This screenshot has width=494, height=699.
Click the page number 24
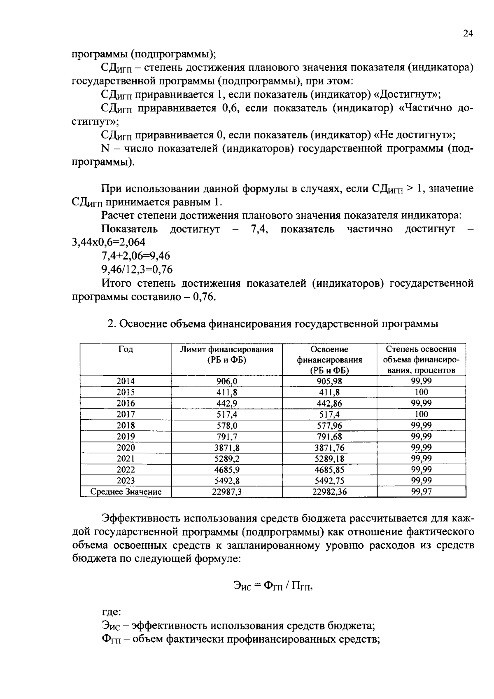(x=468, y=35)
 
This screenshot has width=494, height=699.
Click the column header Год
(x=126, y=349)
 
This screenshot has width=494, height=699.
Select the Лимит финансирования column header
(x=227, y=354)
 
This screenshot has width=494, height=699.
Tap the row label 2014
(x=126, y=381)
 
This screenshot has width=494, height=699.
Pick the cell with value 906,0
(x=227, y=381)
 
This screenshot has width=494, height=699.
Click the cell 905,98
(x=329, y=381)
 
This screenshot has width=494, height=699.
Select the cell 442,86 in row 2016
(x=329, y=404)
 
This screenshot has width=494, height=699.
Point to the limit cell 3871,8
(x=227, y=448)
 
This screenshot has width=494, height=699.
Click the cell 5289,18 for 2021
(x=329, y=459)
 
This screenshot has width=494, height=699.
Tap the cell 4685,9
(x=227, y=470)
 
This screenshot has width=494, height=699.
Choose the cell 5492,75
(x=329, y=481)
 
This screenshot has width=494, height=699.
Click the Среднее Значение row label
(x=126, y=492)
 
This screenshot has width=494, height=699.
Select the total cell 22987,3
(x=227, y=492)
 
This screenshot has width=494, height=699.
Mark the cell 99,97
(x=421, y=491)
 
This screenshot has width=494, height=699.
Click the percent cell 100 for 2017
(x=421, y=414)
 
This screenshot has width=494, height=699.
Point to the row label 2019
(x=126, y=437)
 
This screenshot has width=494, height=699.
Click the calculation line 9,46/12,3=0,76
(x=137, y=269)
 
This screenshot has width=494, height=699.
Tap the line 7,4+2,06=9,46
(x=135, y=256)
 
